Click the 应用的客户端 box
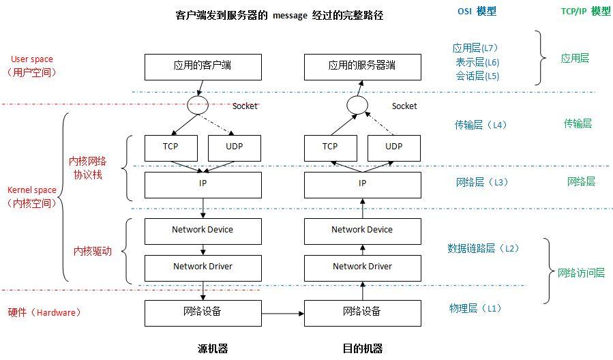tap(203, 66)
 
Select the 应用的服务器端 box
tap(362, 66)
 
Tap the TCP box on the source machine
tap(170, 147)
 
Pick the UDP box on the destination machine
tap(393, 147)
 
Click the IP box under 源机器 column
tap(203, 184)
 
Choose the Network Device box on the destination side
tap(362, 230)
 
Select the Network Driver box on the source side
tap(203, 267)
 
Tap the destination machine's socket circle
tap(357, 106)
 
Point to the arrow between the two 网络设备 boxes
tap(282, 314)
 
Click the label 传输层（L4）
tap(481, 125)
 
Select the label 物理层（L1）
tap(475, 308)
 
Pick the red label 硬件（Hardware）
tap(45, 312)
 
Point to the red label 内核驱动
tap(92, 251)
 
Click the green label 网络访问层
tap(581, 273)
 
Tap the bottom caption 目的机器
tap(362, 348)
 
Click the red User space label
tap(32, 59)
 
